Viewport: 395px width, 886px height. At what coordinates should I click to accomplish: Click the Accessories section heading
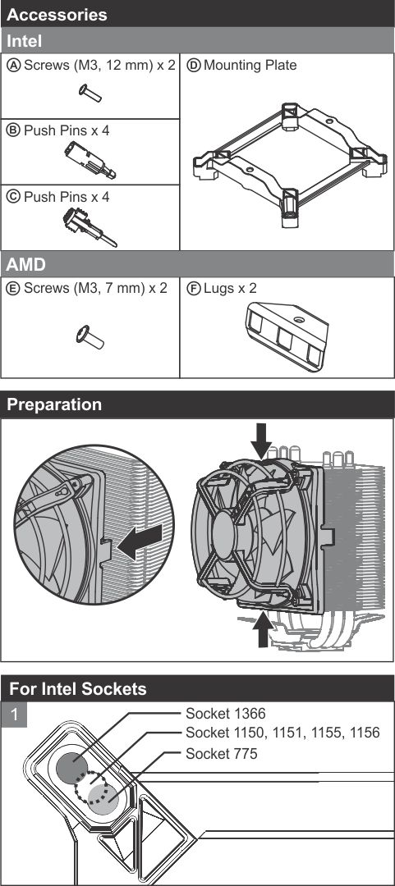point(57,14)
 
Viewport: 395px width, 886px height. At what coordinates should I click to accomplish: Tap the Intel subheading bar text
point(24,41)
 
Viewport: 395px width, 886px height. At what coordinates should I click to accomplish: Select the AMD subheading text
point(26,264)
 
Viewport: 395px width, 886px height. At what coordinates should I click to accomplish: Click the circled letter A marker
point(13,65)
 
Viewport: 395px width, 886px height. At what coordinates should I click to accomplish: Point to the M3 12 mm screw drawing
point(90,93)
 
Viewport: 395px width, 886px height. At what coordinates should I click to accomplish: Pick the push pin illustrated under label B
point(90,160)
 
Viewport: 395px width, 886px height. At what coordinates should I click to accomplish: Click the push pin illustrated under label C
point(90,226)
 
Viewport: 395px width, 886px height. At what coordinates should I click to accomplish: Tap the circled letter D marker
point(194,66)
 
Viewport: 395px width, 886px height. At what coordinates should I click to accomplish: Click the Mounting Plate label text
point(250,65)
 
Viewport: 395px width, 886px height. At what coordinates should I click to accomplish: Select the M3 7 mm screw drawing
point(90,337)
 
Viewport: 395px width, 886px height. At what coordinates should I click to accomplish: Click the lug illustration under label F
point(287,336)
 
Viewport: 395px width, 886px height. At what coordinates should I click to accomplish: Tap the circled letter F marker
point(194,288)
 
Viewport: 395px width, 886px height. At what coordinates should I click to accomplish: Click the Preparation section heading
point(54,404)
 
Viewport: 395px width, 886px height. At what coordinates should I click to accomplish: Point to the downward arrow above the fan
point(261,441)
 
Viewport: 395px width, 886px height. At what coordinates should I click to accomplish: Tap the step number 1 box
point(14,715)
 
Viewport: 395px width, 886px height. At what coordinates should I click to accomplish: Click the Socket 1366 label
point(226,714)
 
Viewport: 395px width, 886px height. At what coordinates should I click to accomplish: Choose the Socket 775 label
point(221,753)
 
